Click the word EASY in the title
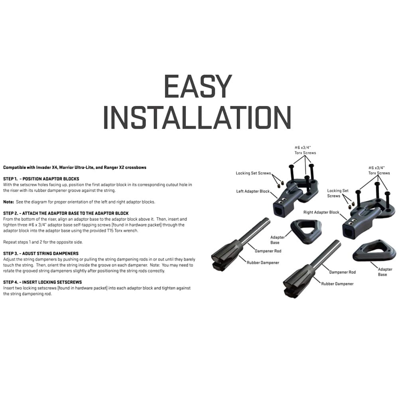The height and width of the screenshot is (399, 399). click(198, 86)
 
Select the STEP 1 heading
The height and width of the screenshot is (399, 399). click(41, 179)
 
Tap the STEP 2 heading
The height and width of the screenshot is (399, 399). click(66, 213)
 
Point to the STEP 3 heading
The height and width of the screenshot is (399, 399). click(41, 254)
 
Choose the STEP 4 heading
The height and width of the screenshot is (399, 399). click(43, 282)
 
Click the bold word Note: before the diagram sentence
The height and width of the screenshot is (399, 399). click(8, 202)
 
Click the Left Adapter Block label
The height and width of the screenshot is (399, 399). click(253, 191)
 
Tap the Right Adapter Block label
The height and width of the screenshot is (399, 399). click(321, 212)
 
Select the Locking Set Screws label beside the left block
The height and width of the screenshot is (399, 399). click(254, 173)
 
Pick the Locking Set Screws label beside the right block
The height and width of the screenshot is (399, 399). click(338, 193)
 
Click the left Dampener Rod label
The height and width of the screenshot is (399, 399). click(268, 251)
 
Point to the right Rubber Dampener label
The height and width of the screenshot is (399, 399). click(337, 284)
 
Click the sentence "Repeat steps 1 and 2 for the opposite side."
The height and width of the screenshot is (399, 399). click(43, 242)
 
